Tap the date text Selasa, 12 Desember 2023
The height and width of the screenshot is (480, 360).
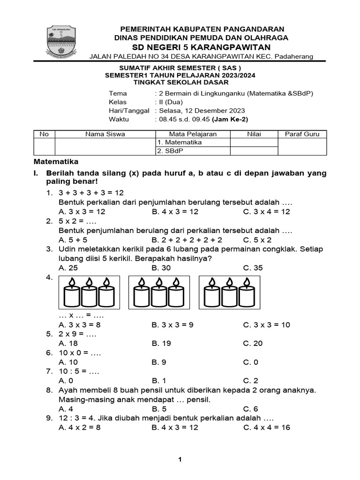(x=202, y=111)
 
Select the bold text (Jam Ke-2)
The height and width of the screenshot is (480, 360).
(x=228, y=120)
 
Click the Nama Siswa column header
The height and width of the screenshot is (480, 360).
(x=105, y=134)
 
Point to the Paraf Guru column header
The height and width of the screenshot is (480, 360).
(x=302, y=134)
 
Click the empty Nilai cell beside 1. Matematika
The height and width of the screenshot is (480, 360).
(x=254, y=142)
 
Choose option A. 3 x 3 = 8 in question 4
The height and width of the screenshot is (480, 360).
(x=79, y=324)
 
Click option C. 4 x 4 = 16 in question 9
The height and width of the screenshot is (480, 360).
(x=267, y=427)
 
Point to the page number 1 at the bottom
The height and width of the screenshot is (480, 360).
(x=180, y=460)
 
